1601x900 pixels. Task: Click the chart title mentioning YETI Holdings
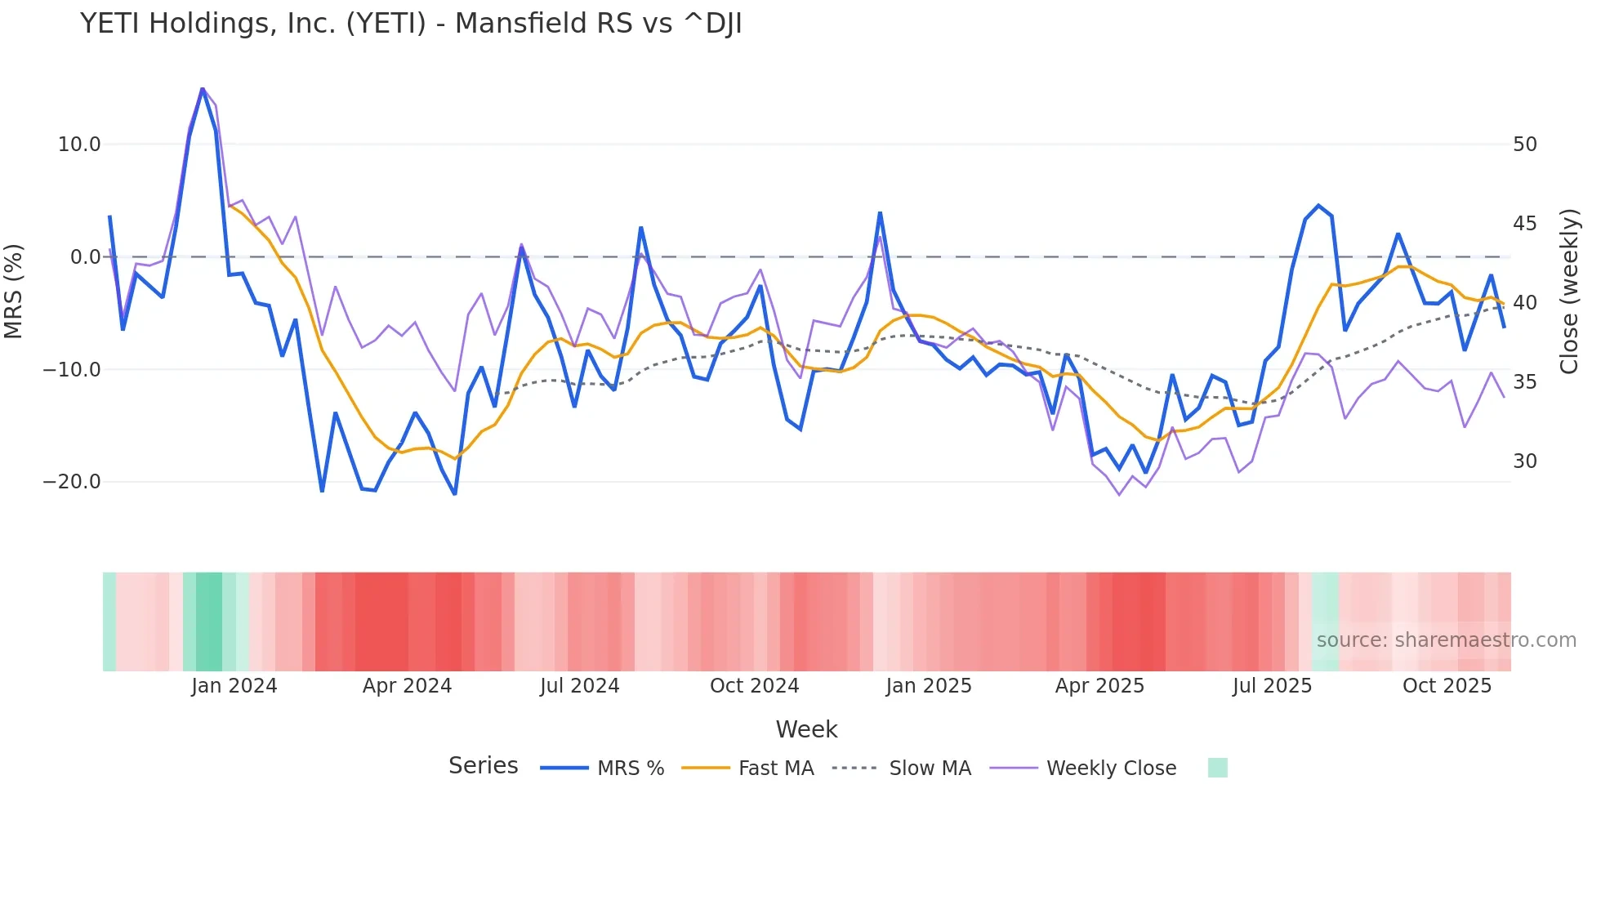coord(411,24)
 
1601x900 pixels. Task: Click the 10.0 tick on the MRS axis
coord(79,145)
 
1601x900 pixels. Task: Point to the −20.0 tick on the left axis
coord(73,482)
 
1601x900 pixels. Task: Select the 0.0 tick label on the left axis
coord(86,257)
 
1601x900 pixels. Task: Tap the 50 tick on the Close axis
coord(1524,145)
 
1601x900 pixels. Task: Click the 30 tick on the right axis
coord(1524,461)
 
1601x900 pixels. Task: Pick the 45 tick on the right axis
coord(1524,224)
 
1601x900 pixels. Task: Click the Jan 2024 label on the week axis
coord(234,686)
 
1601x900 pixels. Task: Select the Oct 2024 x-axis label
coord(754,686)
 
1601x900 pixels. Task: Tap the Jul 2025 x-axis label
coord(1272,686)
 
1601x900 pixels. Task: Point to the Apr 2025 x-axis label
coord(1099,686)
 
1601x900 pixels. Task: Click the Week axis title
coord(806,729)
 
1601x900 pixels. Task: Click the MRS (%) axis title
coord(14,291)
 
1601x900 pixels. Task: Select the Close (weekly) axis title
coord(1568,292)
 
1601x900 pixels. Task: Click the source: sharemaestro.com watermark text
coord(1446,640)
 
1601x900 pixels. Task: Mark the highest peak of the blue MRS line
coord(203,89)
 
